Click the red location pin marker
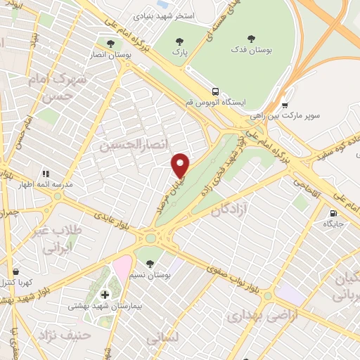(x=181, y=165)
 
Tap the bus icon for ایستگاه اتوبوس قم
(x=215, y=91)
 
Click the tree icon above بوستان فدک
(x=252, y=39)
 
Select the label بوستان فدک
(x=252, y=51)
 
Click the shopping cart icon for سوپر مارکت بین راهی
(x=285, y=102)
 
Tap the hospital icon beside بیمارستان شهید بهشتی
(x=105, y=294)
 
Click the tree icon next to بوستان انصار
(x=110, y=41)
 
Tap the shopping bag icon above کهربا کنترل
(x=15, y=270)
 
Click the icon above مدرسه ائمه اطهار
(x=46, y=173)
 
